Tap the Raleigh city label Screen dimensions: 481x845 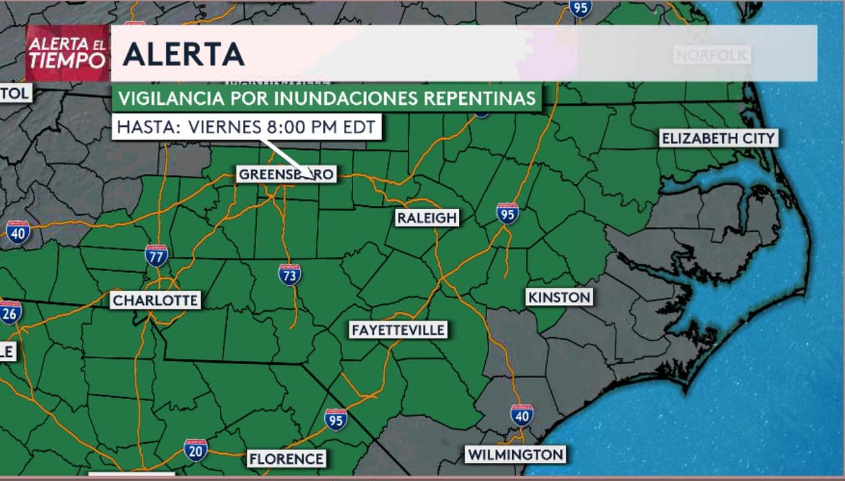(426, 218)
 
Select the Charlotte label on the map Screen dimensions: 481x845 (155, 301)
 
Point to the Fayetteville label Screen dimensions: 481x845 (398, 330)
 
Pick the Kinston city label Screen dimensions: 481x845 (559, 297)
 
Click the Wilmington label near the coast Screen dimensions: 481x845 (516, 455)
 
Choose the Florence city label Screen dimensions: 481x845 (286, 459)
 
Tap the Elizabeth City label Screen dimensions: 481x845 (718, 139)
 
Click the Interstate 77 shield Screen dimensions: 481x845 (156, 255)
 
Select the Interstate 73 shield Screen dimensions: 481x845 (290, 274)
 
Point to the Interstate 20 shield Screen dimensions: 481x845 (195, 449)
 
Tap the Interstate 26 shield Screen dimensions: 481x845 (10, 312)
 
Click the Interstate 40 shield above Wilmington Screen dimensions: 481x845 (522, 414)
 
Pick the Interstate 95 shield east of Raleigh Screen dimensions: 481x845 (507, 213)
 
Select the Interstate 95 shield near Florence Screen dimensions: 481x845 (336, 419)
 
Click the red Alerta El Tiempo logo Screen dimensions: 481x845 (67, 53)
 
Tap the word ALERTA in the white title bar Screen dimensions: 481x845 (184, 55)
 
